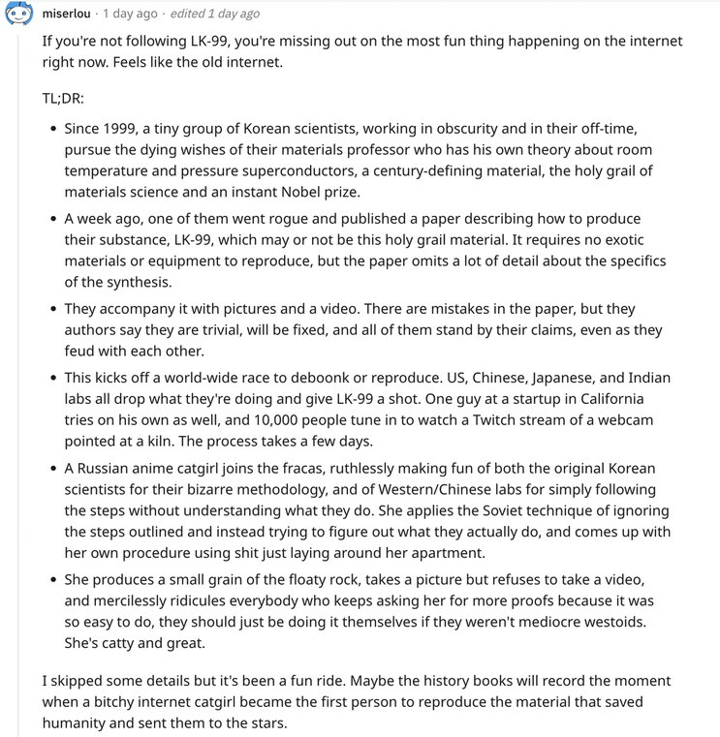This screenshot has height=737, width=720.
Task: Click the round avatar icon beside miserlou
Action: click(x=19, y=16)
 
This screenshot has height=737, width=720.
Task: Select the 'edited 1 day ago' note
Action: click(x=215, y=14)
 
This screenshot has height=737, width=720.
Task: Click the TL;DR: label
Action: click(x=63, y=99)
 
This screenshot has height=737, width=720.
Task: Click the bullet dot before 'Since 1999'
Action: click(x=51, y=129)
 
